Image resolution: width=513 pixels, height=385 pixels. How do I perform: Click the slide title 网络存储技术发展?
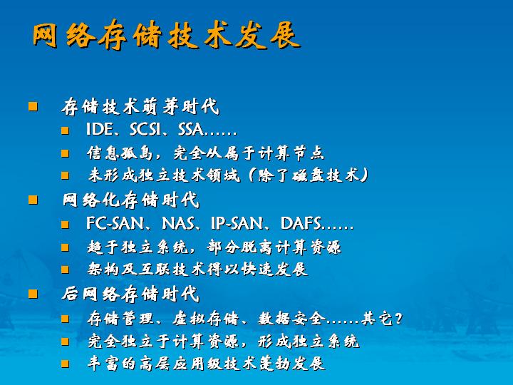166,35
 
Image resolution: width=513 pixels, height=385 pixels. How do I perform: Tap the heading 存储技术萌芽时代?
140,106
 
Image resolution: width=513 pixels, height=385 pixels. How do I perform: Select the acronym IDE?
99,129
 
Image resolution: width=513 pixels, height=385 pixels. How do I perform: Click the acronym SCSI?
145,129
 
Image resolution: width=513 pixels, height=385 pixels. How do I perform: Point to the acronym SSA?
191,129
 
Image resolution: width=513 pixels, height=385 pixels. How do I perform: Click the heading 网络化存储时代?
131,200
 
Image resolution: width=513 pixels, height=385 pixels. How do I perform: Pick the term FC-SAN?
115,224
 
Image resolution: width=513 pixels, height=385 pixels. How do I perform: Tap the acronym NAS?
178,224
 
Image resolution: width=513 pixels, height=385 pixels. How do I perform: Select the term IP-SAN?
237,224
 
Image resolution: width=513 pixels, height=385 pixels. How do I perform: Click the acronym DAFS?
301,224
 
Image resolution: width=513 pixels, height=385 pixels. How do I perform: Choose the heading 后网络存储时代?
130,294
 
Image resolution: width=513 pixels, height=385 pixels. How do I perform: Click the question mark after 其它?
398,319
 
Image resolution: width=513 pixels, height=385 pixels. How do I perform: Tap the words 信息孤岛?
120,153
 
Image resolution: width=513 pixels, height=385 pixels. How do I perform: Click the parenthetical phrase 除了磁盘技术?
309,175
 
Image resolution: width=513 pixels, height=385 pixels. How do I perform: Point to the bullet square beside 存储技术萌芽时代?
33,106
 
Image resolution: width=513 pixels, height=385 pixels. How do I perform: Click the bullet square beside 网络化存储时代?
33,200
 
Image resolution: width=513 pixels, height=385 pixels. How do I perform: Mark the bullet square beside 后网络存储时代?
33,294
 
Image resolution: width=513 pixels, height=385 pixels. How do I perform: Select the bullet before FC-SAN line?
65,225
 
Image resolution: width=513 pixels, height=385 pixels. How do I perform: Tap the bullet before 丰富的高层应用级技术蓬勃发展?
65,364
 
